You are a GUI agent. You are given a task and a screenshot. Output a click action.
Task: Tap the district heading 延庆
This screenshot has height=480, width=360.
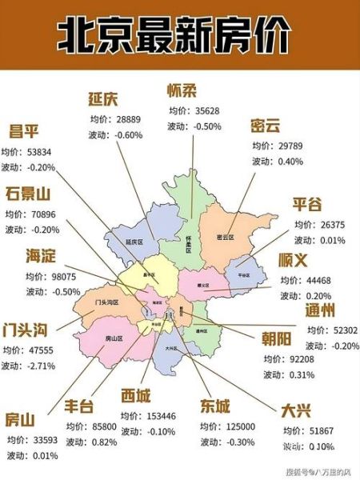pos(103,99)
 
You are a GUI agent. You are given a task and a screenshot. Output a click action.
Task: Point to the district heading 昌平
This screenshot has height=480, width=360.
pos(23,131)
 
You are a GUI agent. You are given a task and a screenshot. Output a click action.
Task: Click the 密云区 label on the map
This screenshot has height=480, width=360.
pos(225,238)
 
